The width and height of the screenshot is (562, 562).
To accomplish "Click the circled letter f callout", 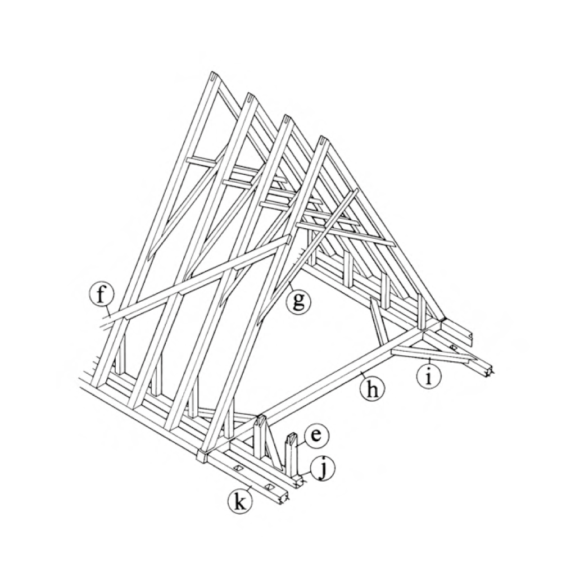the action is click(102, 295).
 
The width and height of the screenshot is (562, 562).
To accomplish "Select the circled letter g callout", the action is click(298, 301).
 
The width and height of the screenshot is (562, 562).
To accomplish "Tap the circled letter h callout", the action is click(373, 389).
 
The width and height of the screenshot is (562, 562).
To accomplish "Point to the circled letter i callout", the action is click(429, 377).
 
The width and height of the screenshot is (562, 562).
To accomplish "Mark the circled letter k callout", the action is click(240, 501).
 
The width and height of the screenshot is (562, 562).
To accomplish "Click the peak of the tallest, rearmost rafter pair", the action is click(214, 76).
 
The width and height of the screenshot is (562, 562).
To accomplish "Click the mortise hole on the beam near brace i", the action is click(454, 347).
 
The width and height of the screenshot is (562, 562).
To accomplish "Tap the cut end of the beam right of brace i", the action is click(488, 373).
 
